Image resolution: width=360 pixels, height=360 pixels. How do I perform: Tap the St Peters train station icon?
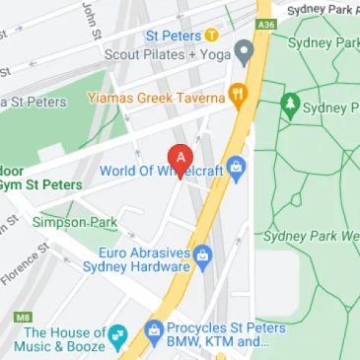click(x=210, y=36)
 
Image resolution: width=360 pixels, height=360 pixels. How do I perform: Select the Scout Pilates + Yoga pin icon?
click(x=244, y=51)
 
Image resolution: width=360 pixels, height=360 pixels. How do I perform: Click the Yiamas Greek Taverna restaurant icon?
click(x=236, y=95)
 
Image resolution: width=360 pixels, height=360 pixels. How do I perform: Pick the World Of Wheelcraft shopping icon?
click(x=235, y=170)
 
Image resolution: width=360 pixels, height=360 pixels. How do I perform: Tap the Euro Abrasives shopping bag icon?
click(x=202, y=256)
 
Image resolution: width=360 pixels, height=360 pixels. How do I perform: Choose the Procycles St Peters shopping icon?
click(x=153, y=328)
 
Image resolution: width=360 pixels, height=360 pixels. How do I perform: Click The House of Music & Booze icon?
click(x=117, y=333)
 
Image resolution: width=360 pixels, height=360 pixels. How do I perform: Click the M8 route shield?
click(x=22, y=317)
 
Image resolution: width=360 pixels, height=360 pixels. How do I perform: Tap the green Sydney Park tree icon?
click(x=290, y=104)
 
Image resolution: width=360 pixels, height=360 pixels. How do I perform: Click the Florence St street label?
click(x=25, y=258)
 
